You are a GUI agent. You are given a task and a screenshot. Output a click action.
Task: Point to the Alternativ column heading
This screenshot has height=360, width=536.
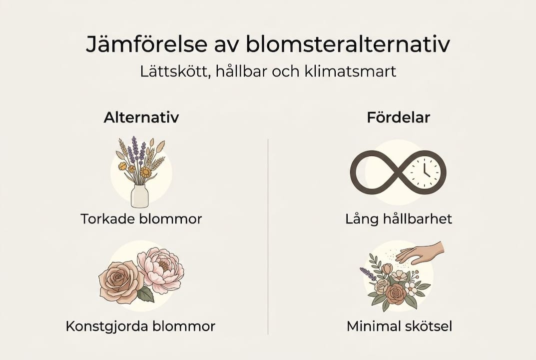click(x=141, y=118)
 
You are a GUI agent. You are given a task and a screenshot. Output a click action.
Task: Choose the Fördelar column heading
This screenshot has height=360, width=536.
click(x=398, y=118)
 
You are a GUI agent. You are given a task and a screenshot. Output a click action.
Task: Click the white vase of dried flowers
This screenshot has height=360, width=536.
click(x=139, y=195)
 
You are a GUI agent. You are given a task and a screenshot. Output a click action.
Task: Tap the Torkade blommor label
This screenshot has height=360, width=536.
click(x=141, y=219)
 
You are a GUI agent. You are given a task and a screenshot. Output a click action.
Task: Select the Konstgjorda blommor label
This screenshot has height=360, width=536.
click(x=140, y=327)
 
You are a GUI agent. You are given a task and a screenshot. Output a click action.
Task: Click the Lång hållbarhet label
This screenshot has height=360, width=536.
click(x=399, y=219)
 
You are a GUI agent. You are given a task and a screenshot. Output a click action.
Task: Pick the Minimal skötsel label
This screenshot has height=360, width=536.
click(x=399, y=327)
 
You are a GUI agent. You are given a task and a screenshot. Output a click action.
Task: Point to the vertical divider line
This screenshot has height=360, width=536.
click(x=268, y=235)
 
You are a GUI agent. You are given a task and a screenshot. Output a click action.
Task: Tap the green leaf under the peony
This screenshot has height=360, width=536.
click(x=145, y=294)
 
